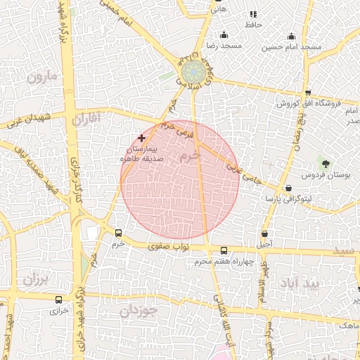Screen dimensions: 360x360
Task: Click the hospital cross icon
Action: coord(142,139)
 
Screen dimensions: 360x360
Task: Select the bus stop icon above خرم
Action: coord(117,233)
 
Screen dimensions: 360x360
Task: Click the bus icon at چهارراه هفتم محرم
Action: coord(224,251)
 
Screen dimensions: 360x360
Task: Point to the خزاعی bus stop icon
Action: coord(58,300)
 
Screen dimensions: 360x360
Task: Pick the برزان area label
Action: coord(33,279)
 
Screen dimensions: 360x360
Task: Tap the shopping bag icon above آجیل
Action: coord(264,234)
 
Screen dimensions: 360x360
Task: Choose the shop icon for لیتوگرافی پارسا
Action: coord(290,188)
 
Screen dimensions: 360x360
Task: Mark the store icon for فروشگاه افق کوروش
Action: coord(307,93)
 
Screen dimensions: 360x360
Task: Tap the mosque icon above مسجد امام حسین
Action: coord(291,37)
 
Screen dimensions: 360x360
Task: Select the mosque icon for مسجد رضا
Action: coord(224,35)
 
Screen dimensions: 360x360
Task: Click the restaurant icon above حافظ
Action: coord(252,15)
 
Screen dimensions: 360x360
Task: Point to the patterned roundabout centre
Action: coord(192,72)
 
